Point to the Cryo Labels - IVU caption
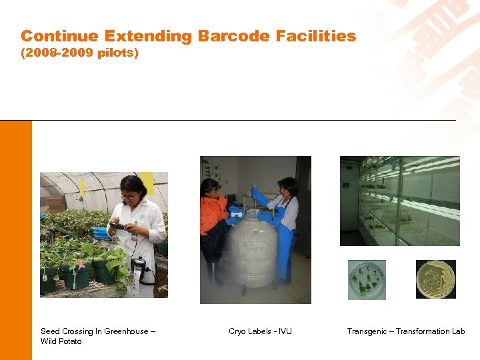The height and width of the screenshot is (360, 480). pyautogui.click(x=260, y=331)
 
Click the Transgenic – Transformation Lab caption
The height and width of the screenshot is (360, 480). pyautogui.click(x=406, y=331)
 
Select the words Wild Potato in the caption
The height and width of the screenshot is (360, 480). pyautogui.click(x=61, y=341)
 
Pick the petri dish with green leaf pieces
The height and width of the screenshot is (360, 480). pyautogui.click(x=366, y=279)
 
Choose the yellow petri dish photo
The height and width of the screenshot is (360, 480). pyautogui.click(x=436, y=279)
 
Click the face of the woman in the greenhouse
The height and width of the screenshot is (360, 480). pyautogui.click(x=131, y=193)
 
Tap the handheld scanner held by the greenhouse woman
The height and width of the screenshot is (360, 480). pyautogui.click(x=119, y=227)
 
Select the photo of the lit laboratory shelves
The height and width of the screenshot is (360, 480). pyautogui.click(x=399, y=201)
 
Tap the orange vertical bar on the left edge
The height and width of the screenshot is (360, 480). pyautogui.click(x=15, y=240)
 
